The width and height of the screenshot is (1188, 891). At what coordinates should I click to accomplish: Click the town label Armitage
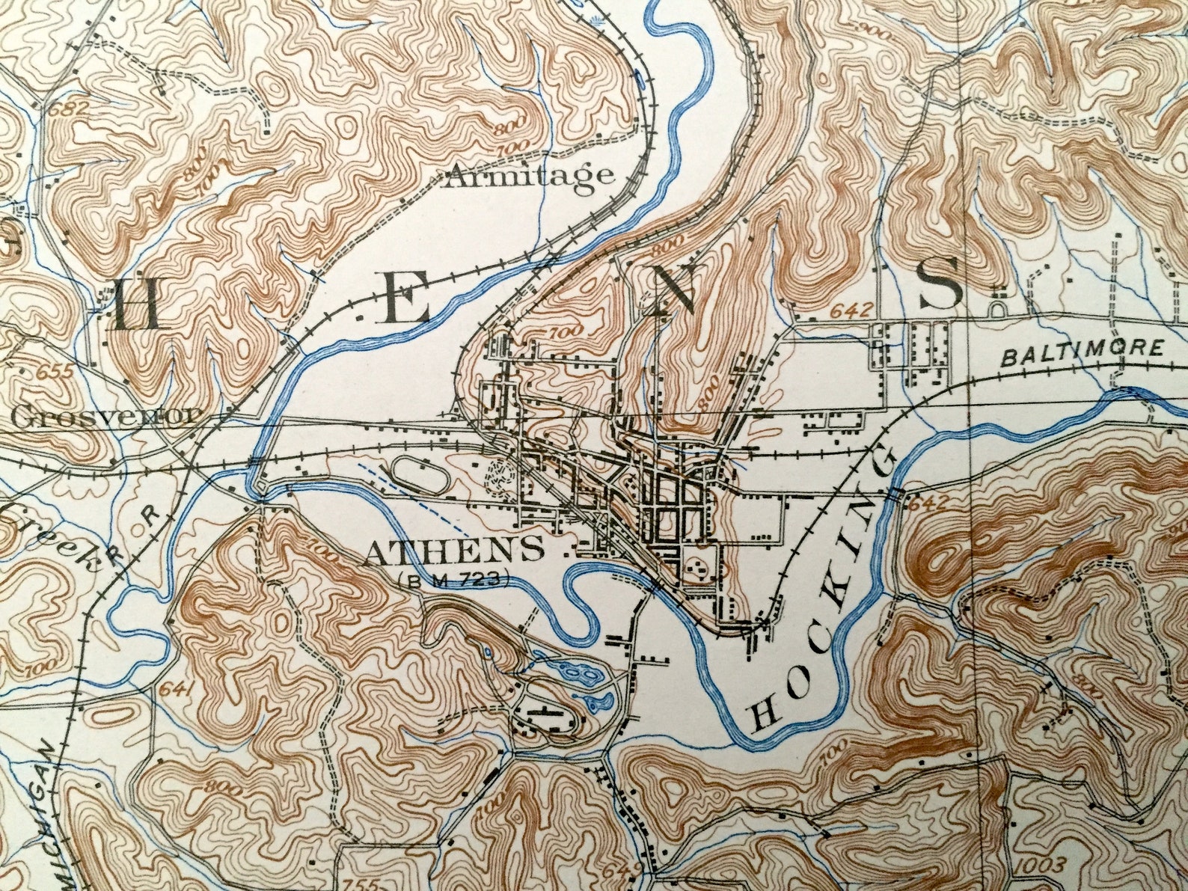(x=530, y=177)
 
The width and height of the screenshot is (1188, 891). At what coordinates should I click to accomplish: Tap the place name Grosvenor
(x=106, y=417)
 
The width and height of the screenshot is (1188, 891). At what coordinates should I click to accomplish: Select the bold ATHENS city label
(x=454, y=551)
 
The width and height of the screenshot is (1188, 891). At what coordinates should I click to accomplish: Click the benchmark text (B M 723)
(x=454, y=578)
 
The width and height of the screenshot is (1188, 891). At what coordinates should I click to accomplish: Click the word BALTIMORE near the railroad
(x=1083, y=352)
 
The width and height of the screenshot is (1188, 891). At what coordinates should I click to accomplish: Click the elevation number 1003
(x=1041, y=865)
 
